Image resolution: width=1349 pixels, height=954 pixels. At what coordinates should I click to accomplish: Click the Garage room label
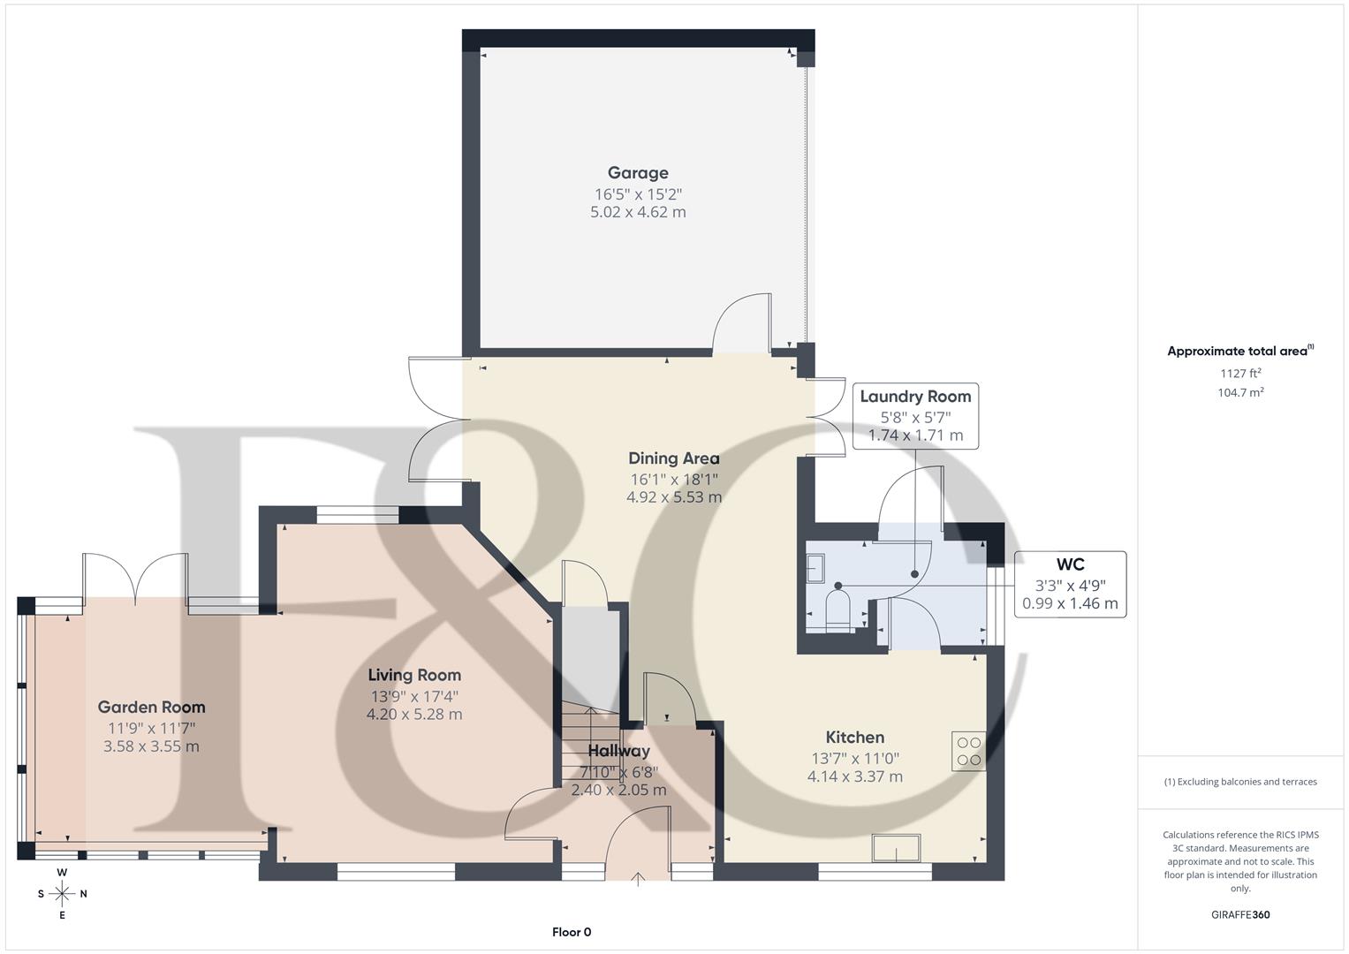638,173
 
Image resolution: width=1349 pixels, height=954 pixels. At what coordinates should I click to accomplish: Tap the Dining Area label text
674,458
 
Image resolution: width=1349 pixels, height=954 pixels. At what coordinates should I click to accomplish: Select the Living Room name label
414,675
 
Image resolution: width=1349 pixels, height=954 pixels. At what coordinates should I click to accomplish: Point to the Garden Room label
151,707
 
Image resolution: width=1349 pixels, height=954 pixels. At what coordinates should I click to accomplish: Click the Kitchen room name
854,738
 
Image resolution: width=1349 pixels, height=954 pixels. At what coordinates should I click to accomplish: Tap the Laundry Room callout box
915,416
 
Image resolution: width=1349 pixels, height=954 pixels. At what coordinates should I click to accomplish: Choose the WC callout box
1070,584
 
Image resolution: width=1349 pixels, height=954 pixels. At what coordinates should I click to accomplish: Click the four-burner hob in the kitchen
968,751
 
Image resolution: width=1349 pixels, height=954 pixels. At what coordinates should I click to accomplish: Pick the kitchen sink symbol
896,848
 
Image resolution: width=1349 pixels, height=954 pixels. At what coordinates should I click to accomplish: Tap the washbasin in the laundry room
815,569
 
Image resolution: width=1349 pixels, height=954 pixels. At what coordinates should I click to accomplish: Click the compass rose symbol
62,894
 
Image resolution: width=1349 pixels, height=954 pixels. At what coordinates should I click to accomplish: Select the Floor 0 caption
572,932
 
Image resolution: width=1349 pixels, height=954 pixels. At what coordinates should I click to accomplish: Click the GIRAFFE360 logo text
1240,915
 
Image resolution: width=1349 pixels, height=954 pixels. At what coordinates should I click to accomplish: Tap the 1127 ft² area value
1240,374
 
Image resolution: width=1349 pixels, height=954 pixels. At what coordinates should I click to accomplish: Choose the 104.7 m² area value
1240,393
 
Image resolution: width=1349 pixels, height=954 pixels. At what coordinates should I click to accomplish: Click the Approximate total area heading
1239,352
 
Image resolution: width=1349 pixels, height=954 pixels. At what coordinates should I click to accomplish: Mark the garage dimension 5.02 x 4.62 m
638,212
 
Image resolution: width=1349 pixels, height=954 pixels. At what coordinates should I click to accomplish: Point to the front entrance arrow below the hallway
638,880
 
